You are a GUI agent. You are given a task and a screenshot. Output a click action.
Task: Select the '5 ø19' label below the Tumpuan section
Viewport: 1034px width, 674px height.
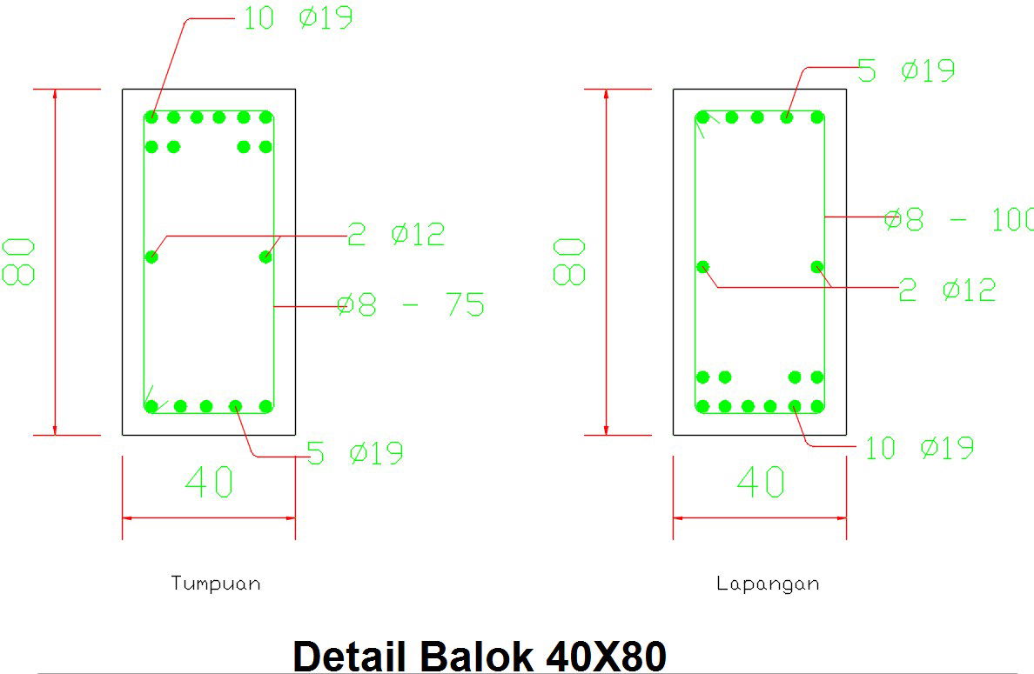[x=355, y=453]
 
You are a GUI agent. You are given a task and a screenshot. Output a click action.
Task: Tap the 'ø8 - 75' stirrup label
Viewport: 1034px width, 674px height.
[x=411, y=305]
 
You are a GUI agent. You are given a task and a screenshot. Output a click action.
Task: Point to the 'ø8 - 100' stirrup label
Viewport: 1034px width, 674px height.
[x=957, y=219]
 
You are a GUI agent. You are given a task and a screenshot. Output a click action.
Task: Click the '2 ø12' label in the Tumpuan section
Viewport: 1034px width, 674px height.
[x=396, y=234]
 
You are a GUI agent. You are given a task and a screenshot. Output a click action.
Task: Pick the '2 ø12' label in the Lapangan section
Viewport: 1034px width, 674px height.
[x=947, y=290]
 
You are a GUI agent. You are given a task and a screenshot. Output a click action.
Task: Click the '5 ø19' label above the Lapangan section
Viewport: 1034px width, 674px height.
[x=906, y=70]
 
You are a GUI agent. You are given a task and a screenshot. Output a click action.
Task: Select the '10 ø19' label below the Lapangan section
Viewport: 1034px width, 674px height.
[x=919, y=449]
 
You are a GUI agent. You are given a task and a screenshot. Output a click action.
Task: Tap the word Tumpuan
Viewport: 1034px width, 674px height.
[x=216, y=583]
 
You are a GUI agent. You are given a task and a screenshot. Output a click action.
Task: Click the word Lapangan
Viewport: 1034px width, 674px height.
[x=768, y=584]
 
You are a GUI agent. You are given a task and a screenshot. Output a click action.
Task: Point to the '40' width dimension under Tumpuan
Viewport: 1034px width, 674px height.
[x=209, y=483]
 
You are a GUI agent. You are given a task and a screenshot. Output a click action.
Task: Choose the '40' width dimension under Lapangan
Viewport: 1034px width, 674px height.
[x=760, y=483]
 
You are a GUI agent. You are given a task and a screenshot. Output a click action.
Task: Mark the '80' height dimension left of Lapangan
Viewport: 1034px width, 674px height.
[x=570, y=262]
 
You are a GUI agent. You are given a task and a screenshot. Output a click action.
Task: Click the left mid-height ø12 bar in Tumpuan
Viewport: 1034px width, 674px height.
[x=152, y=257]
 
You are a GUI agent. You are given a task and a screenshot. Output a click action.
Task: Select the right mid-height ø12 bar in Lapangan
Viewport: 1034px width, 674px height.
[x=817, y=266]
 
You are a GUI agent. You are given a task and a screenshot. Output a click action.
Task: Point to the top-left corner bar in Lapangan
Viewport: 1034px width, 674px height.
[x=702, y=117]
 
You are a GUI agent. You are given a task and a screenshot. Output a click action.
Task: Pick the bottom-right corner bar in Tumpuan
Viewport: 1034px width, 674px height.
[x=266, y=406]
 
